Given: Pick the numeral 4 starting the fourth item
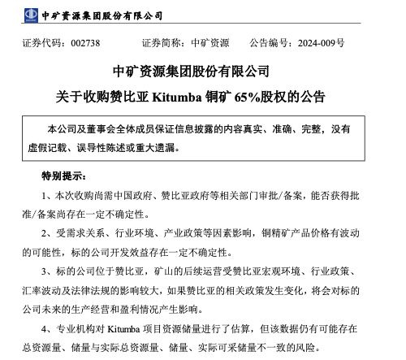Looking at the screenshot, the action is (x=45, y=330).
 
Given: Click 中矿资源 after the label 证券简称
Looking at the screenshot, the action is (x=209, y=42).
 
